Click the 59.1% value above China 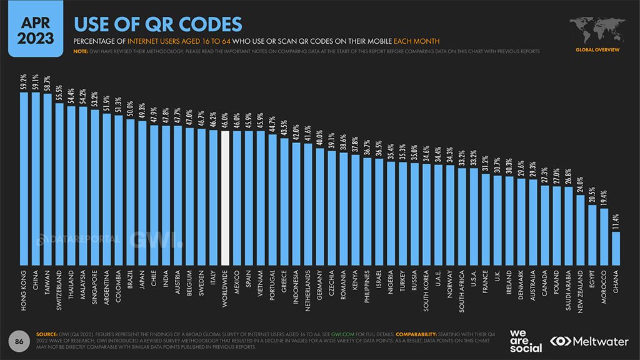pyautogui.click(x=36, y=82)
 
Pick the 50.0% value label pyautogui.click(x=131, y=109)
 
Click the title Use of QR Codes pyautogui.click(x=157, y=24)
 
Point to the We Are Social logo pyautogui.click(x=526, y=341)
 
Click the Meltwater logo pyautogui.click(x=590, y=341)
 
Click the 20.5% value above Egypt pyautogui.click(x=592, y=194)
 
